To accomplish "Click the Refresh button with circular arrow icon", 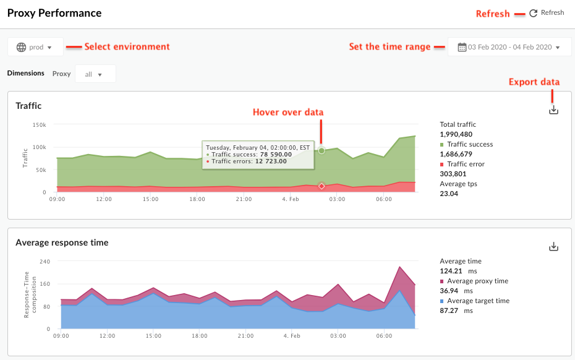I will (547, 13).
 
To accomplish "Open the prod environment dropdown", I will (36, 47).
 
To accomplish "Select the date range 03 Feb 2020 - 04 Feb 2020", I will (509, 47).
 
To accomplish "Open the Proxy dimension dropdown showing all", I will (95, 74).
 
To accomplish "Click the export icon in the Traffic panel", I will (554, 110).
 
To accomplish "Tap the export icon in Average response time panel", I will (554, 247).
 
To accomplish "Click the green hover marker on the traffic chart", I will (322, 150).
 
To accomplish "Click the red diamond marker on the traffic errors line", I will (322, 186).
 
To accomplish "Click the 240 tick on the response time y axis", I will (45, 262).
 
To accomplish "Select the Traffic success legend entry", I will (470, 144).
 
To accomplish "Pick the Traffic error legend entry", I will (466, 164).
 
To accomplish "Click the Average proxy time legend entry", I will (477, 281).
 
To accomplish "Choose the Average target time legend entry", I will (478, 301).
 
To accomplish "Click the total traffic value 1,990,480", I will (456, 134).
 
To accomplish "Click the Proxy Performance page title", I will (54, 13).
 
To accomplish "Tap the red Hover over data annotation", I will (288, 112).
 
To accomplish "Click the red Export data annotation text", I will (534, 82).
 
